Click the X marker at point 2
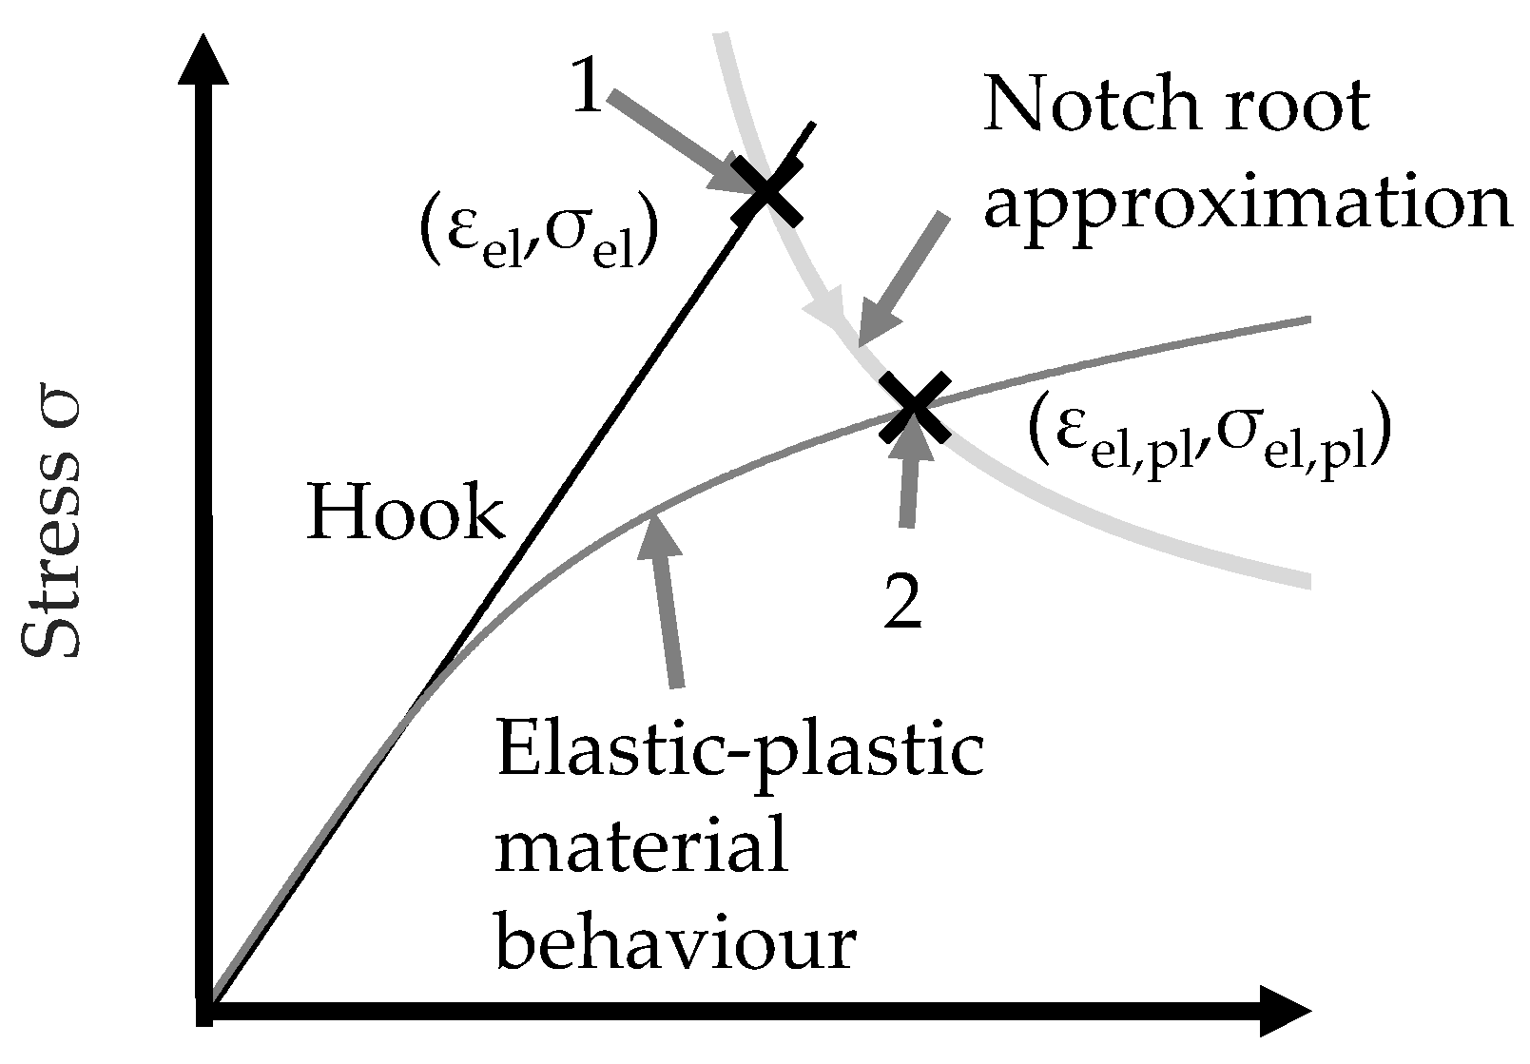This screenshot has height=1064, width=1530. point(913,407)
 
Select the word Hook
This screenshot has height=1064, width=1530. point(405,513)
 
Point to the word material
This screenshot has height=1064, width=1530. point(642,848)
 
